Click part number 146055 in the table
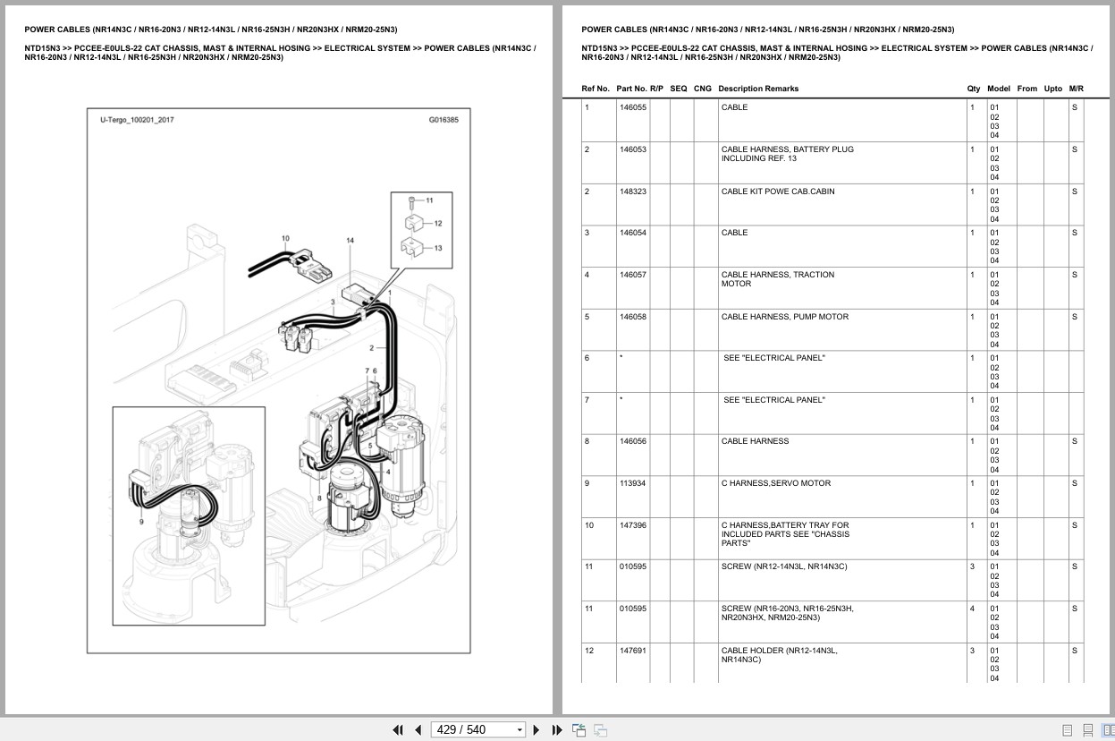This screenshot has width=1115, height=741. pyautogui.click(x=632, y=107)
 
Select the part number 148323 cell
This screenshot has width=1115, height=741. pyautogui.click(x=632, y=192)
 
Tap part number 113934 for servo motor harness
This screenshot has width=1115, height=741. pyautogui.click(x=632, y=483)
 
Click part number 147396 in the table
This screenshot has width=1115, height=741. pyautogui.click(x=632, y=525)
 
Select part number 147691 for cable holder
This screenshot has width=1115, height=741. pyautogui.click(x=632, y=651)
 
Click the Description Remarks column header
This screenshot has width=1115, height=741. pyautogui.click(x=757, y=89)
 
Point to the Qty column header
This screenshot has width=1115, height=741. pyautogui.click(x=973, y=89)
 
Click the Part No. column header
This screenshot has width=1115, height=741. pyautogui.click(x=630, y=89)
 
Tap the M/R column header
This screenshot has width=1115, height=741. pyautogui.click(x=1076, y=89)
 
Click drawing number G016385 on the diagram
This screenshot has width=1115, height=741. pyautogui.click(x=443, y=119)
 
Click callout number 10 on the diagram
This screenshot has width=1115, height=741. pyautogui.click(x=285, y=239)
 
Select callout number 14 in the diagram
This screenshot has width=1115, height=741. pyautogui.click(x=350, y=241)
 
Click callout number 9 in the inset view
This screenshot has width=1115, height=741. pyautogui.click(x=140, y=521)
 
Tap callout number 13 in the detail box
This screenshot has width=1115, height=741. pyautogui.click(x=437, y=248)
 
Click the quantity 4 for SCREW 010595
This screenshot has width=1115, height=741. pyautogui.click(x=972, y=609)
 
